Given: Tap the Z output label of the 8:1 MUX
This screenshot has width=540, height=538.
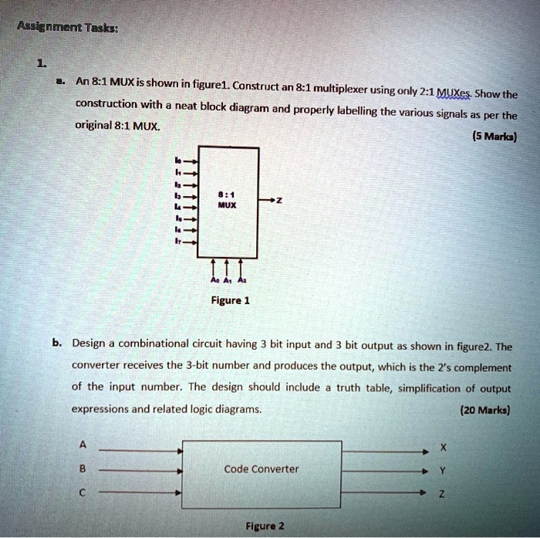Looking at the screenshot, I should point(279,200).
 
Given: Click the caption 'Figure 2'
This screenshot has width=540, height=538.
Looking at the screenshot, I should point(265,526).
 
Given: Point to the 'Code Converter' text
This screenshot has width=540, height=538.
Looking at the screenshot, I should point(262,469).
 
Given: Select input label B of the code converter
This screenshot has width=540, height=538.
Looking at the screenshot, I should point(83,468).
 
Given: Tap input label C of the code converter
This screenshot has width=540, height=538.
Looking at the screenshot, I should point(83,492).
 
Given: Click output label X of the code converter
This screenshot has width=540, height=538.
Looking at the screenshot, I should point(442,447).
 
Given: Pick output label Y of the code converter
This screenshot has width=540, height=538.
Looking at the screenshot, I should point(442,469).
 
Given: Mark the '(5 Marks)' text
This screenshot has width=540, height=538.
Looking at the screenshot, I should point(494,138).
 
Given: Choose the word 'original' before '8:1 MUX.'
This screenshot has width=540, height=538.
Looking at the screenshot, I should point(94,124).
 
